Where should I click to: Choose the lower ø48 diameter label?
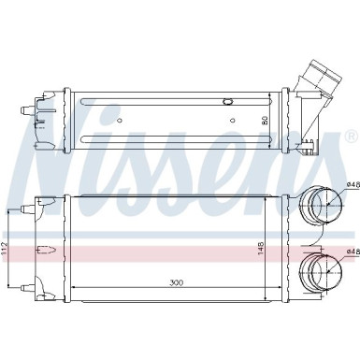coord(351,251)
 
